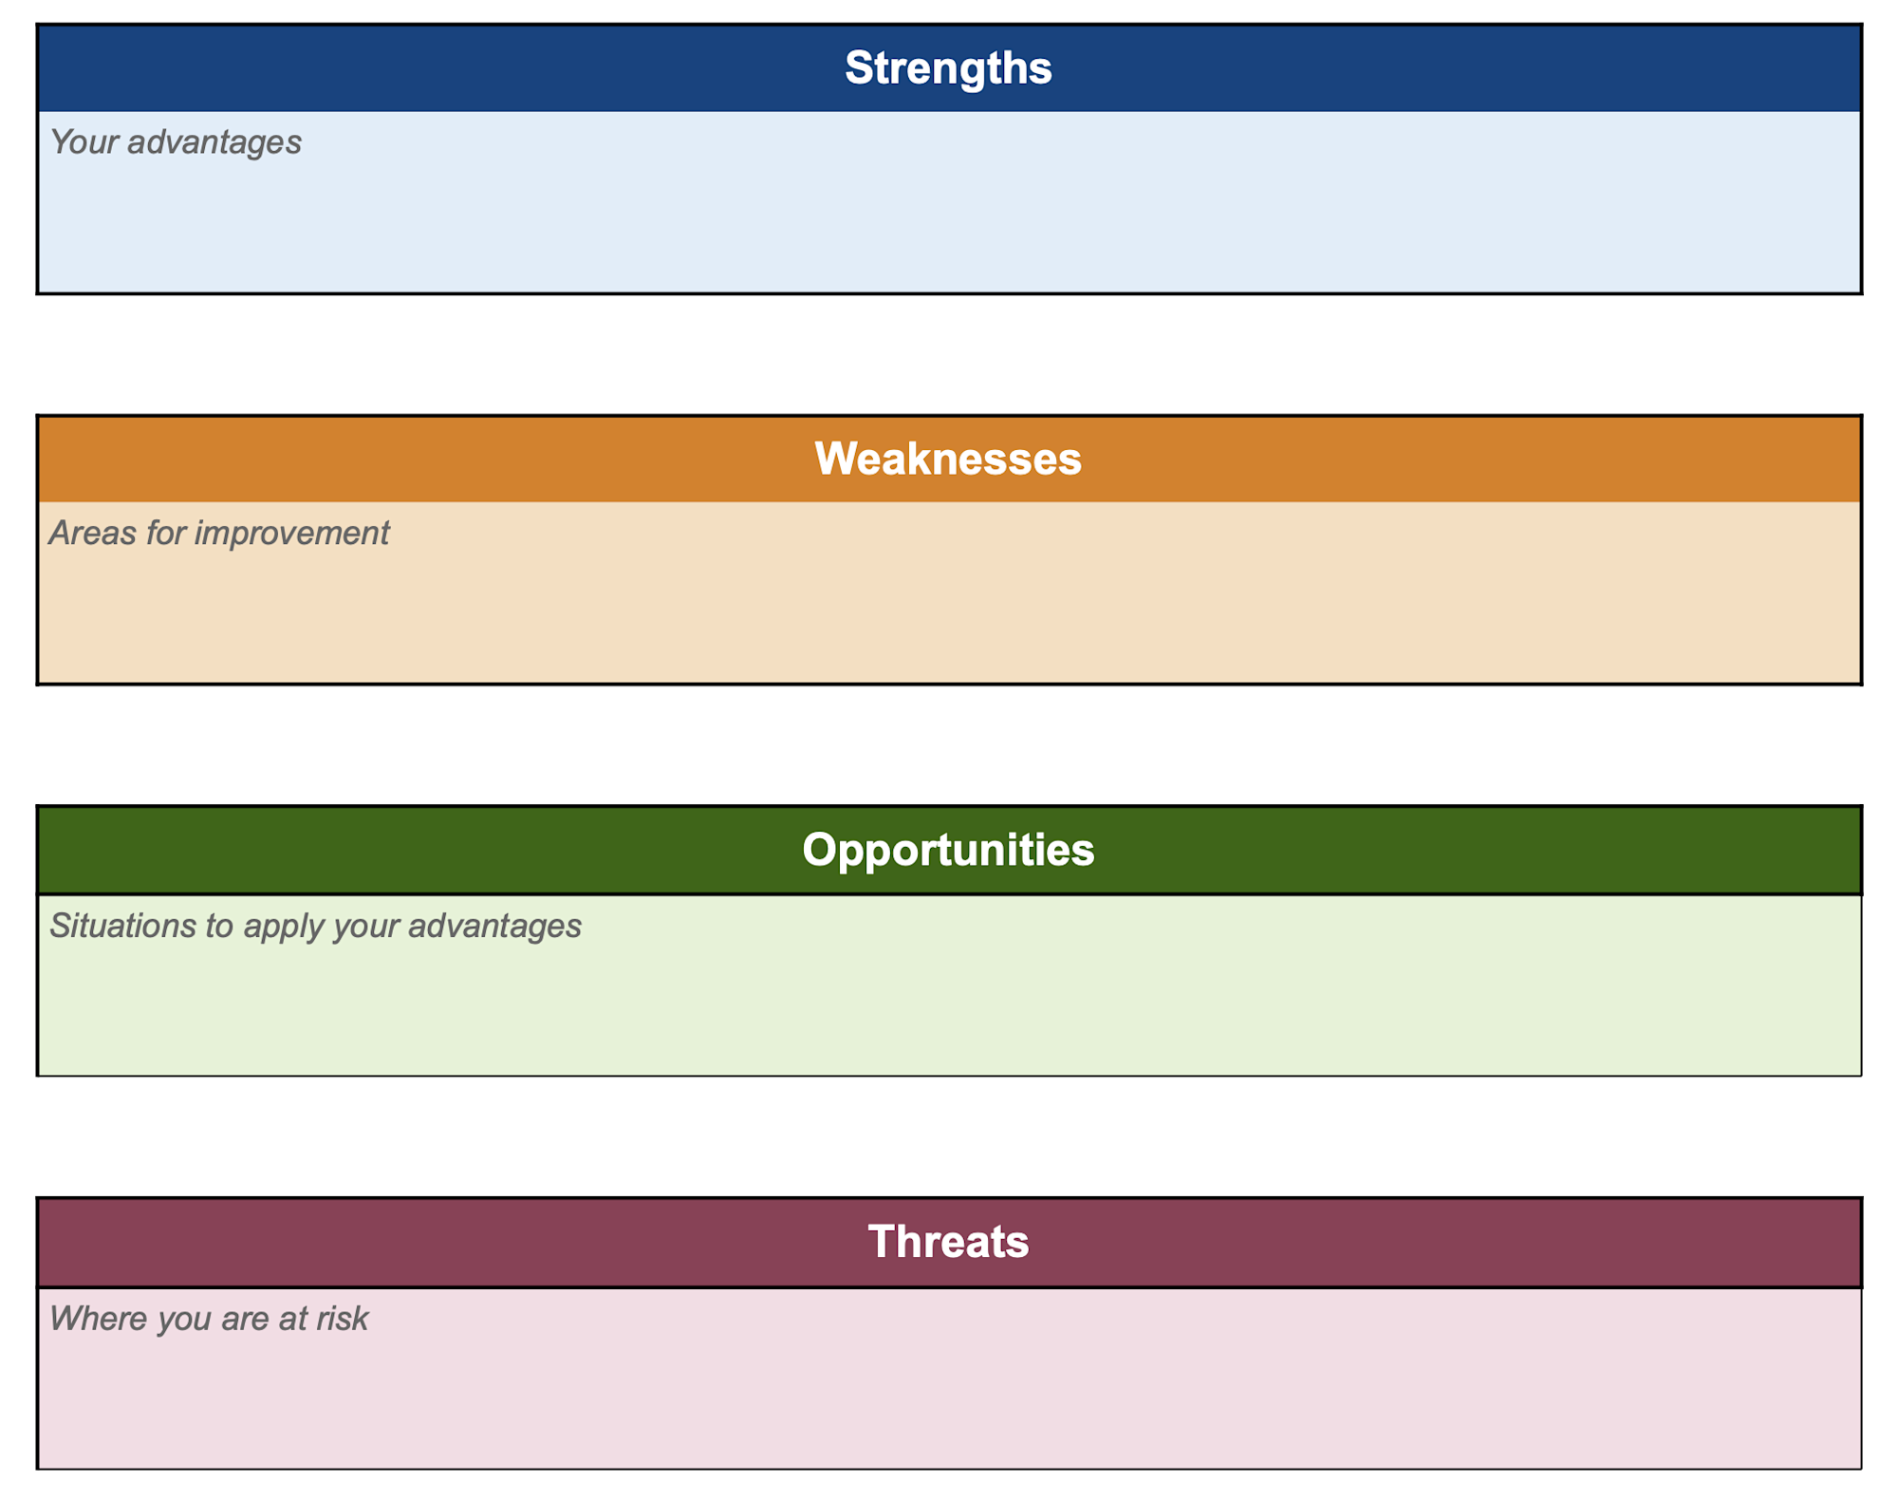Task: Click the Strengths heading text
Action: [948, 68]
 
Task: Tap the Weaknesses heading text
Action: [948, 460]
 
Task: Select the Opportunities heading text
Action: [948, 850]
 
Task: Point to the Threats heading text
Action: [948, 1242]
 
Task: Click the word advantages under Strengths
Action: [214, 142]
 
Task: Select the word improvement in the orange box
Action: [291, 534]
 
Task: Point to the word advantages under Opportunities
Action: [494, 926]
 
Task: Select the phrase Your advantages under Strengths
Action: [176, 142]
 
